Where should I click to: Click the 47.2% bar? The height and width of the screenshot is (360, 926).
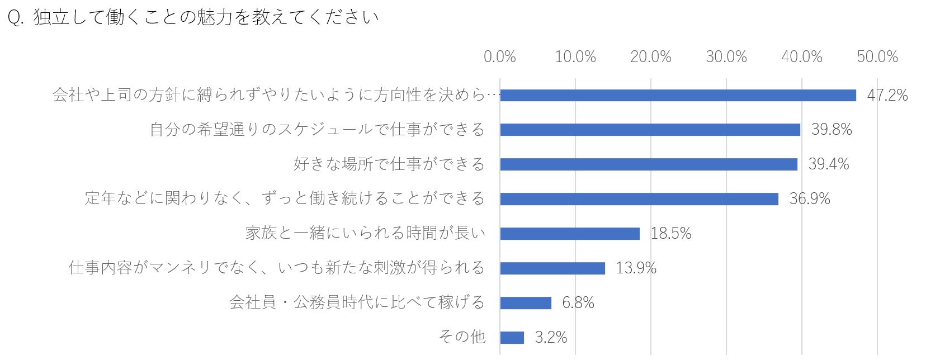pyautogui.click(x=678, y=95)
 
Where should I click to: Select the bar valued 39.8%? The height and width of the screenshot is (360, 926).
pyautogui.click(x=650, y=130)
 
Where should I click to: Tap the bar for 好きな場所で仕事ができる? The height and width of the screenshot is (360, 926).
pyautogui.click(x=649, y=164)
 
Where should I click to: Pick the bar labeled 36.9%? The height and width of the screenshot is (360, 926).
pyautogui.click(x=639, y=199)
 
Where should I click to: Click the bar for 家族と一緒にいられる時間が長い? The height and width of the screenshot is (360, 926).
pyautogui.click(x=570, y=234)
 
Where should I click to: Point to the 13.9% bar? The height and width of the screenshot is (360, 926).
pyautogui.click(x=552, y=268)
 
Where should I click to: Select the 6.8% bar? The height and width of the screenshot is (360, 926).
pyautogui.click(x=526, y=303)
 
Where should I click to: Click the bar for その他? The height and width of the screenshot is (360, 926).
pyautogui.click(x=512, y=337)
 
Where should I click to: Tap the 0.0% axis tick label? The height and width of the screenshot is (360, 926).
pyautogui.click(x=500, y=56)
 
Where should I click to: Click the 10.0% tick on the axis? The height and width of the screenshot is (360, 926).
pyautogui.click(x=575, y=56)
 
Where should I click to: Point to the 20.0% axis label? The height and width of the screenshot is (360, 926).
pyautogui.click(x=651, y=56)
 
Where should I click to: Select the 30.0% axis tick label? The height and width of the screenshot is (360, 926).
pyautogui.click(x=726, y=56)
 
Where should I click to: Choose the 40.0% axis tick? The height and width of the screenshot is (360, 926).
pyautogui.click(x=802, y=56)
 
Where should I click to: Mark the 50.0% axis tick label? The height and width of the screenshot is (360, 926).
pyautogui.click(x=877, y=56)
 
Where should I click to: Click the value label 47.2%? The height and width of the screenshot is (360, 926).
pyautogui.click(x=887, y=95)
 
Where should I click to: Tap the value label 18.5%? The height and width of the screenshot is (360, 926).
pyautogui.click(x=671, y=234)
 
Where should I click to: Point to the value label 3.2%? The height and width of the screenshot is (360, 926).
pyautogui.click(x=551, y=337)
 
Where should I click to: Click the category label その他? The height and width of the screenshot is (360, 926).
pyautogui.click(x=462, y=337)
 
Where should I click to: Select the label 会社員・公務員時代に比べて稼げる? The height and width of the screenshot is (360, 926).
pyautogui.click(x=357, y=302)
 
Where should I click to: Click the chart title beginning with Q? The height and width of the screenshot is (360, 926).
pyautogui.click(x=193, y=17)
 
